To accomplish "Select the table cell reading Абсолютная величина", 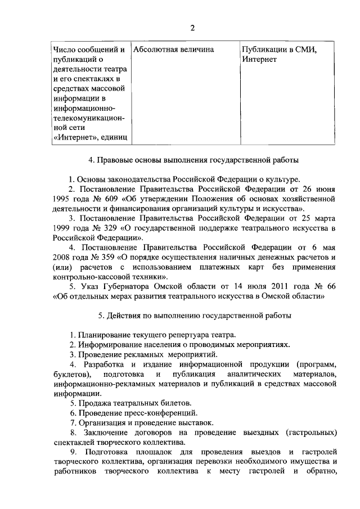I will point(174,49).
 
